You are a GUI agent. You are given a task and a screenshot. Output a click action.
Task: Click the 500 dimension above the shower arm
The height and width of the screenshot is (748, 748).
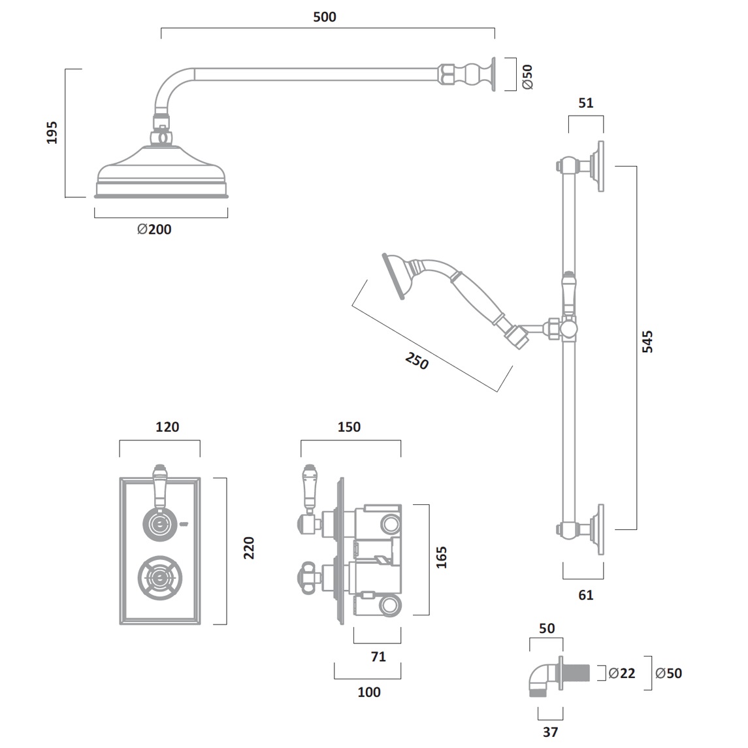(x=325, y=17)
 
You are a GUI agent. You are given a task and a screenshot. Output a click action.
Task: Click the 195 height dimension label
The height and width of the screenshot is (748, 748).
(x=53, y=133)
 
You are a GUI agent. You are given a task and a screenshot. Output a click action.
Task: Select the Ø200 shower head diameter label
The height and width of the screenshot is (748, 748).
(x=155, y=229)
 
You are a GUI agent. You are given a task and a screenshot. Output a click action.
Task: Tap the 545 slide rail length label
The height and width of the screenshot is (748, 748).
(x=647, y=342)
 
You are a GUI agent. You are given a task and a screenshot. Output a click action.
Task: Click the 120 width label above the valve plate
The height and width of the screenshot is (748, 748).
(x=167, y=427)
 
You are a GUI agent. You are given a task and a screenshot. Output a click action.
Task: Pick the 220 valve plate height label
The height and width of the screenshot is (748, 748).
(x=249, y=547)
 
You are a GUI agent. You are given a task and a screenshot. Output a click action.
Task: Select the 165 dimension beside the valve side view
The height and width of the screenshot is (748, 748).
(x=442, y=557)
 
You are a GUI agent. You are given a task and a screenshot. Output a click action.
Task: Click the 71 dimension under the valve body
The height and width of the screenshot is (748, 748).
(x=378, y=657)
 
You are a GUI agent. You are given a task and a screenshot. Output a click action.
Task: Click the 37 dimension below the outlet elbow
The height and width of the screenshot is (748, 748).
(x=550, y=732)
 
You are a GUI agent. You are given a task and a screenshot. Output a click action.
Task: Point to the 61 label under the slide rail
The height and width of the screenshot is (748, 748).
(x=586, y=595)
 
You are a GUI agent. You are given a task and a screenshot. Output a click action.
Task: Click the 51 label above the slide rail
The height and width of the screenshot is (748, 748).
(x=586, y=103)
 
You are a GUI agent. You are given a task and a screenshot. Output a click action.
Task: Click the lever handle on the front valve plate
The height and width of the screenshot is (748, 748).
(x=159, y=487)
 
